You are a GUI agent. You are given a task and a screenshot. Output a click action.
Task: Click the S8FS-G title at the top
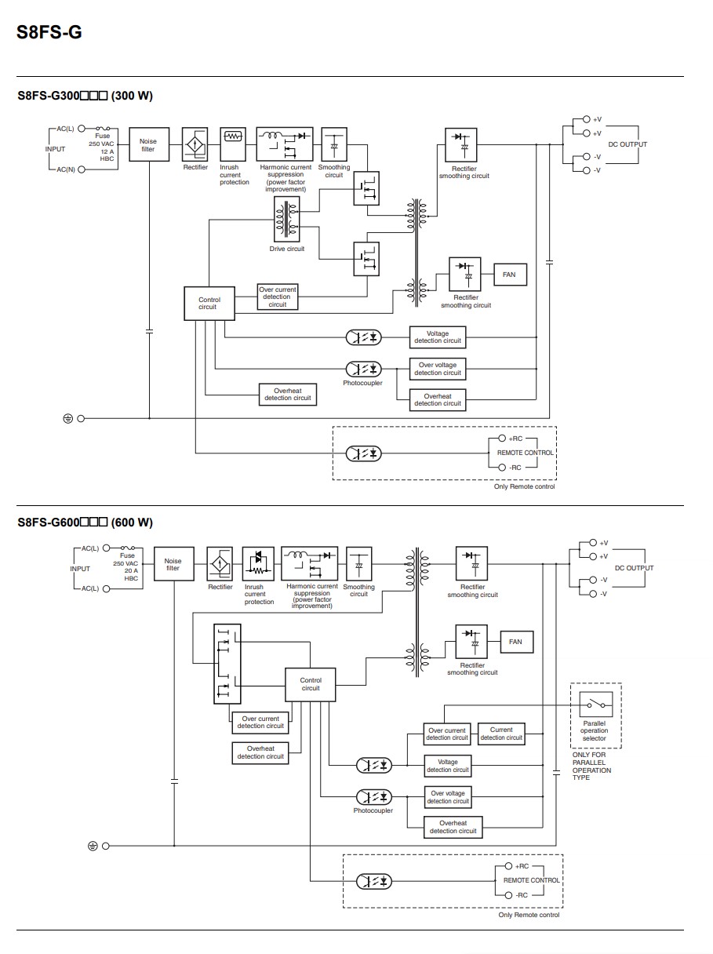tap(49, 33)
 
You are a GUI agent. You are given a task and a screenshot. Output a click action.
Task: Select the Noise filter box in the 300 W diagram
tap(148, 145)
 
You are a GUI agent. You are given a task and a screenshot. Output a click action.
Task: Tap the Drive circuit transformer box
tap(286, 220)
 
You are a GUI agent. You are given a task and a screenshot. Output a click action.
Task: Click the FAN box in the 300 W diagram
tap(509, 275)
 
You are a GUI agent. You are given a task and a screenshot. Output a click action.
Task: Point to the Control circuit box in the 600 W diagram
tap(311, 684)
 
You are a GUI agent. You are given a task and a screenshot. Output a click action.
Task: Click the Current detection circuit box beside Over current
tap(501, 734)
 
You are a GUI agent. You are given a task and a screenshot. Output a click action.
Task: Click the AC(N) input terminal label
tap(67, 169)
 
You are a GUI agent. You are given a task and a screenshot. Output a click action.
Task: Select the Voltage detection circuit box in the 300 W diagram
tap(438, 337)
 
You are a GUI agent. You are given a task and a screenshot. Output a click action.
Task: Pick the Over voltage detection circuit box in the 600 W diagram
tap(448, 797)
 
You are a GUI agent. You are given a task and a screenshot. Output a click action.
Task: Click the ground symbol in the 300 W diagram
tap(68, 418)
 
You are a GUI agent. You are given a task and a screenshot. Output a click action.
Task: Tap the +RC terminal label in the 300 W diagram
tap(515, 439)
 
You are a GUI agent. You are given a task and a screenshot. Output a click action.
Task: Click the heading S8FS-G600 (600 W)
tap(85, 523)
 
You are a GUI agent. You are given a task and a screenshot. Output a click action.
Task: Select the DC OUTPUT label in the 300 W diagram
tap(628, 144)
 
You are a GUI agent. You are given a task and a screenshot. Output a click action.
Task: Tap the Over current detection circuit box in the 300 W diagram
tap(278, 297)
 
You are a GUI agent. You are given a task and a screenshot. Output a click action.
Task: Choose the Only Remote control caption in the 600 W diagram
tap(529, 915)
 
